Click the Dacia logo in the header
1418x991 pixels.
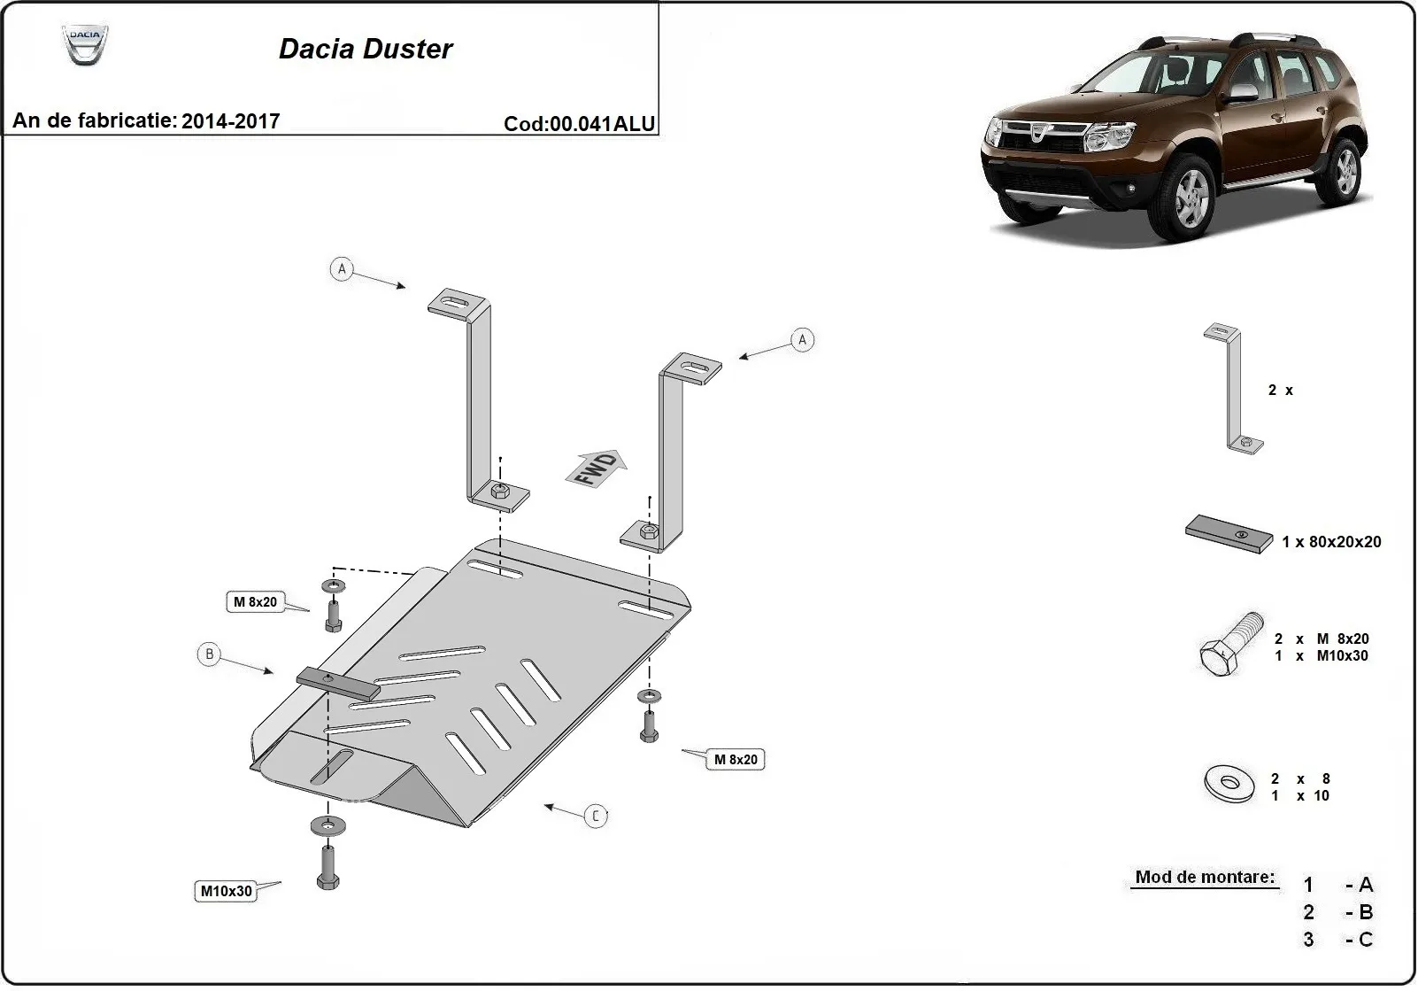pos(85,44)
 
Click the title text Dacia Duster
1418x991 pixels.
pos(365,49)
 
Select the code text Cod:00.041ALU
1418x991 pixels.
pos(580,124)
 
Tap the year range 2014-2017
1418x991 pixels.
pos(230,121)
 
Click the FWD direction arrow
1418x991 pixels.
pos(596,468)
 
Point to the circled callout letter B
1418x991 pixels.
pos(209,654)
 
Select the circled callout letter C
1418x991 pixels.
pos(596,816)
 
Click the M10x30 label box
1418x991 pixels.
pos(226,891)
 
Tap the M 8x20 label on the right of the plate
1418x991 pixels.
pos(736,760)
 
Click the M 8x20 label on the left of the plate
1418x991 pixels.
pos(254,602)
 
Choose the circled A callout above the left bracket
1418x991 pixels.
pos(342,268)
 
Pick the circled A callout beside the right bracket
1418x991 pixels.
pos(802,340)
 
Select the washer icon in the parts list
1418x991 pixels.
pos(1229,783)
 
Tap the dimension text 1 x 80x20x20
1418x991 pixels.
pos(1331,542)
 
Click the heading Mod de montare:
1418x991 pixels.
pos(1205,878)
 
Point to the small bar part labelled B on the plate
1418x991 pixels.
pos(338,683)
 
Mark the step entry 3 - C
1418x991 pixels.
pos(1337,940)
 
